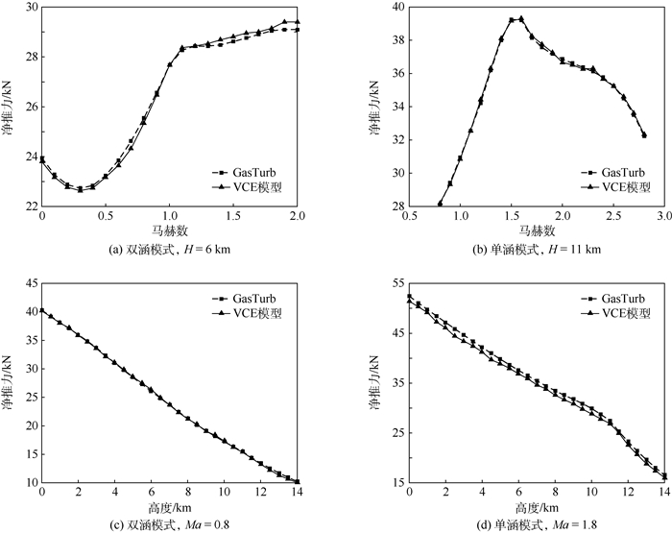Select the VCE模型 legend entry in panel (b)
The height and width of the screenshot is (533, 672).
[607, 187]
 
